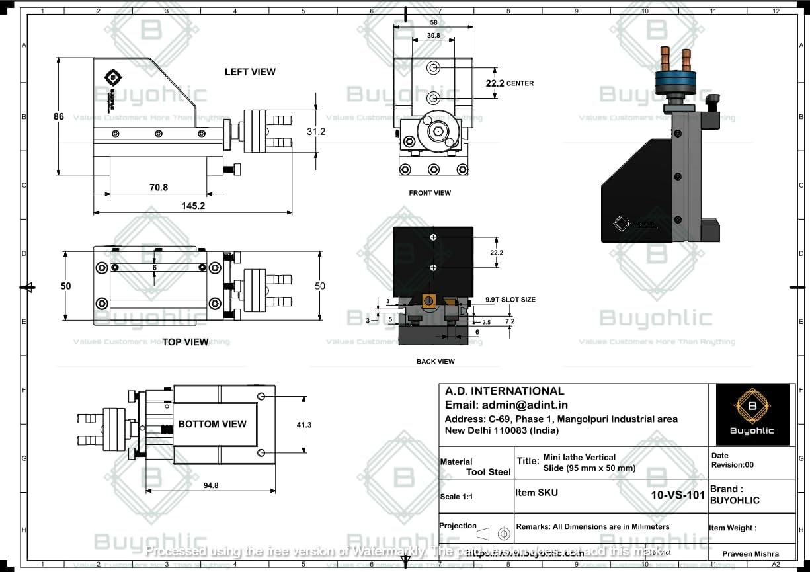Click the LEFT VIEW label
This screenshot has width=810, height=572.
(250, 72)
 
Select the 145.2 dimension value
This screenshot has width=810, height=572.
(193, 206)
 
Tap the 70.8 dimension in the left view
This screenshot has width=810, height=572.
(158, 187)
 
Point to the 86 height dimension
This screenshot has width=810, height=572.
(59, 116)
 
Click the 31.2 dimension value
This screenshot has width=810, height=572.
(316, 132)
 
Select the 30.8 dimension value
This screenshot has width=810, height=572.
(432, 35)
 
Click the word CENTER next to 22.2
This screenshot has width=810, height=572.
(520, 84)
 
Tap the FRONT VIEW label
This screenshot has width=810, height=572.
(430, 193)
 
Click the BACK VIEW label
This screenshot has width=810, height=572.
(435, 362)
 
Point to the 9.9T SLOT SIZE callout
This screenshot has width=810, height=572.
(510, 300)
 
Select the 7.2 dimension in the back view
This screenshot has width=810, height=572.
(510, 321)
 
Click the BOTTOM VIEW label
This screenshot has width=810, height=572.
(212, 424)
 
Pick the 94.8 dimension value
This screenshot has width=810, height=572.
(211, 485)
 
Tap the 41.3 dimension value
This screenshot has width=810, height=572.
(304, 425)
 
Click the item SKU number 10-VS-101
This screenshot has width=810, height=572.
(677, 495)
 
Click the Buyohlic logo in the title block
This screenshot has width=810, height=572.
(751, 414)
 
